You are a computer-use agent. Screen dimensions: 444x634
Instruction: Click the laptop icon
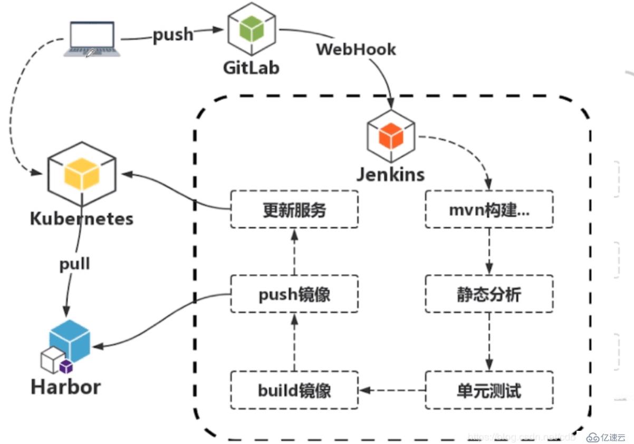(x=92, y=39)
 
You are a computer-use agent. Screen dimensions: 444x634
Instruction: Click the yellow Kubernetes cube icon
(x=81, y=174)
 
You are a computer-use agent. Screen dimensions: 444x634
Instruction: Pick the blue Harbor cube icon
(x=70, y=340)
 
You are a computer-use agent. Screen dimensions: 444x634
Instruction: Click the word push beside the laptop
(x=173, y=34)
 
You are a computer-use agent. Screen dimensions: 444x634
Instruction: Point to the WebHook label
(x=356, y=49)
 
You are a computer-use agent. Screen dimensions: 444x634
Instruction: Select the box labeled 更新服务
(x=294, y=209)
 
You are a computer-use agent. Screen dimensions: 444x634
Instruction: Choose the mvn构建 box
(x=489, y=209)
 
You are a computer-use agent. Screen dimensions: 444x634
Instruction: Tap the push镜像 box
(x=294, y=293)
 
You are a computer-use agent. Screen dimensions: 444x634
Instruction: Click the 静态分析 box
(x=489, y=293)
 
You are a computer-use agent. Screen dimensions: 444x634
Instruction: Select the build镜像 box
(x=294, y=390)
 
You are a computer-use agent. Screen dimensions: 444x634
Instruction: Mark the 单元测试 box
(x=489, y=390)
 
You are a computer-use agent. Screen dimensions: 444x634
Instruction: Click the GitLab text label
(x=251, y=67)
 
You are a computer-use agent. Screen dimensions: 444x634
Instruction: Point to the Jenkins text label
(x=390, y=174)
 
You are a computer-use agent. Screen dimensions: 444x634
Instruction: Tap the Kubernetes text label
(x=82, y=218)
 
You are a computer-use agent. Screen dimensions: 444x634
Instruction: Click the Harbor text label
(x=66, y=387)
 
